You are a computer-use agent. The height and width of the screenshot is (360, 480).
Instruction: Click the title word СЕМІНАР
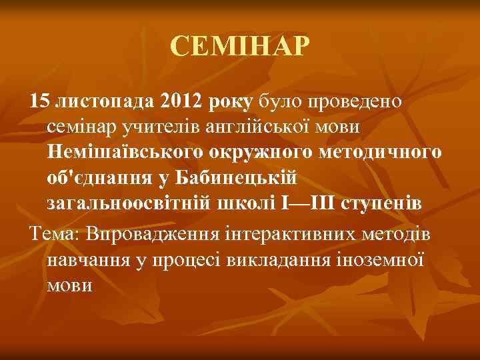pyautogui.click(x=240, y=47)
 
